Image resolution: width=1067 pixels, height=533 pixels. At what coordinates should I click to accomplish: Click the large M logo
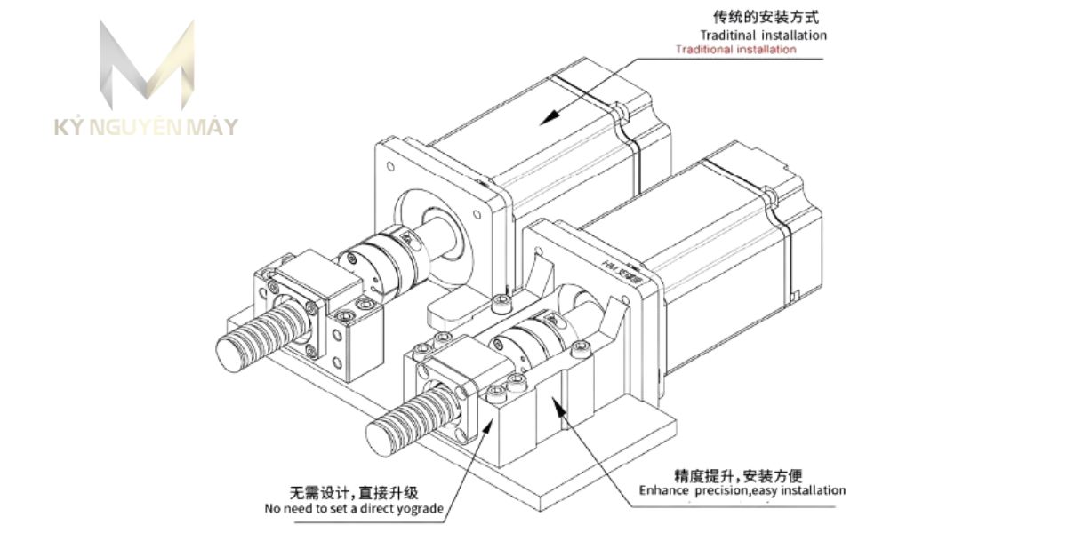(x=146, y=67)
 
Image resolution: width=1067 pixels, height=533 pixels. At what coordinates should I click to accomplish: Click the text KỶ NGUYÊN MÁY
(x=146, y=127)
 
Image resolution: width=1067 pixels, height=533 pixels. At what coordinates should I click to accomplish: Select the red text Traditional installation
(x=735, y=50)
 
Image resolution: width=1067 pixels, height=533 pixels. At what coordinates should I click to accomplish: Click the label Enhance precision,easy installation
(x=742, y=490)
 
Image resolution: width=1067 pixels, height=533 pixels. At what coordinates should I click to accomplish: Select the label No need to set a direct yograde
(x=353, y=509)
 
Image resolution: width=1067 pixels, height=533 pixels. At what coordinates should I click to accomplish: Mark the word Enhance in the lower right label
(x=662, y=490)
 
